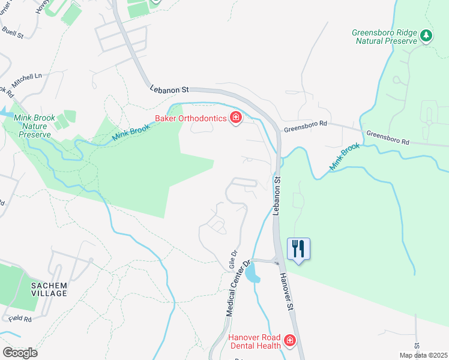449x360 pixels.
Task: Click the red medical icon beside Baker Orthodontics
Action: coord(235,118)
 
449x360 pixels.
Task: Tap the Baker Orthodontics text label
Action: coord(190,118)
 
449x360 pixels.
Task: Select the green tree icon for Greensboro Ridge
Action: coord(426,35)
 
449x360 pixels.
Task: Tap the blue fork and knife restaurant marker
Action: coord(298,248)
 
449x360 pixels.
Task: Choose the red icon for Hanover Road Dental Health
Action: coord(289,341)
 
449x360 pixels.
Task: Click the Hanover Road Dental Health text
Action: coord(255,341)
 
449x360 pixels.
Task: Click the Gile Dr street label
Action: coord(233,260)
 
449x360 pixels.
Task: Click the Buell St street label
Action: coord(12,32)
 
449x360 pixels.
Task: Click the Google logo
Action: coord(19,353)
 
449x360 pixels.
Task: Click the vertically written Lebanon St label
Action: coord(277,194)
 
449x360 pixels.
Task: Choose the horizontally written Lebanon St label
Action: coord(169,89)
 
